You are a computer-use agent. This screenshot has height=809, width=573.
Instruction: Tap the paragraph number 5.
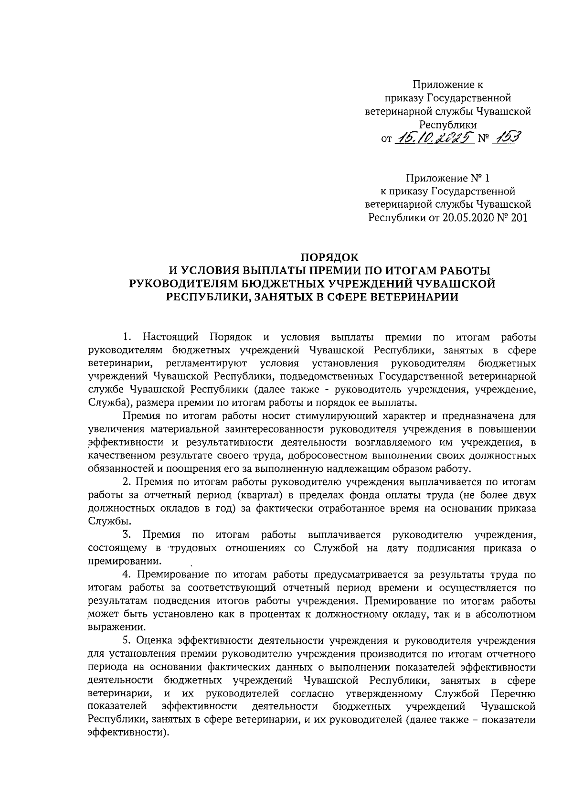[x=126, y=640]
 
